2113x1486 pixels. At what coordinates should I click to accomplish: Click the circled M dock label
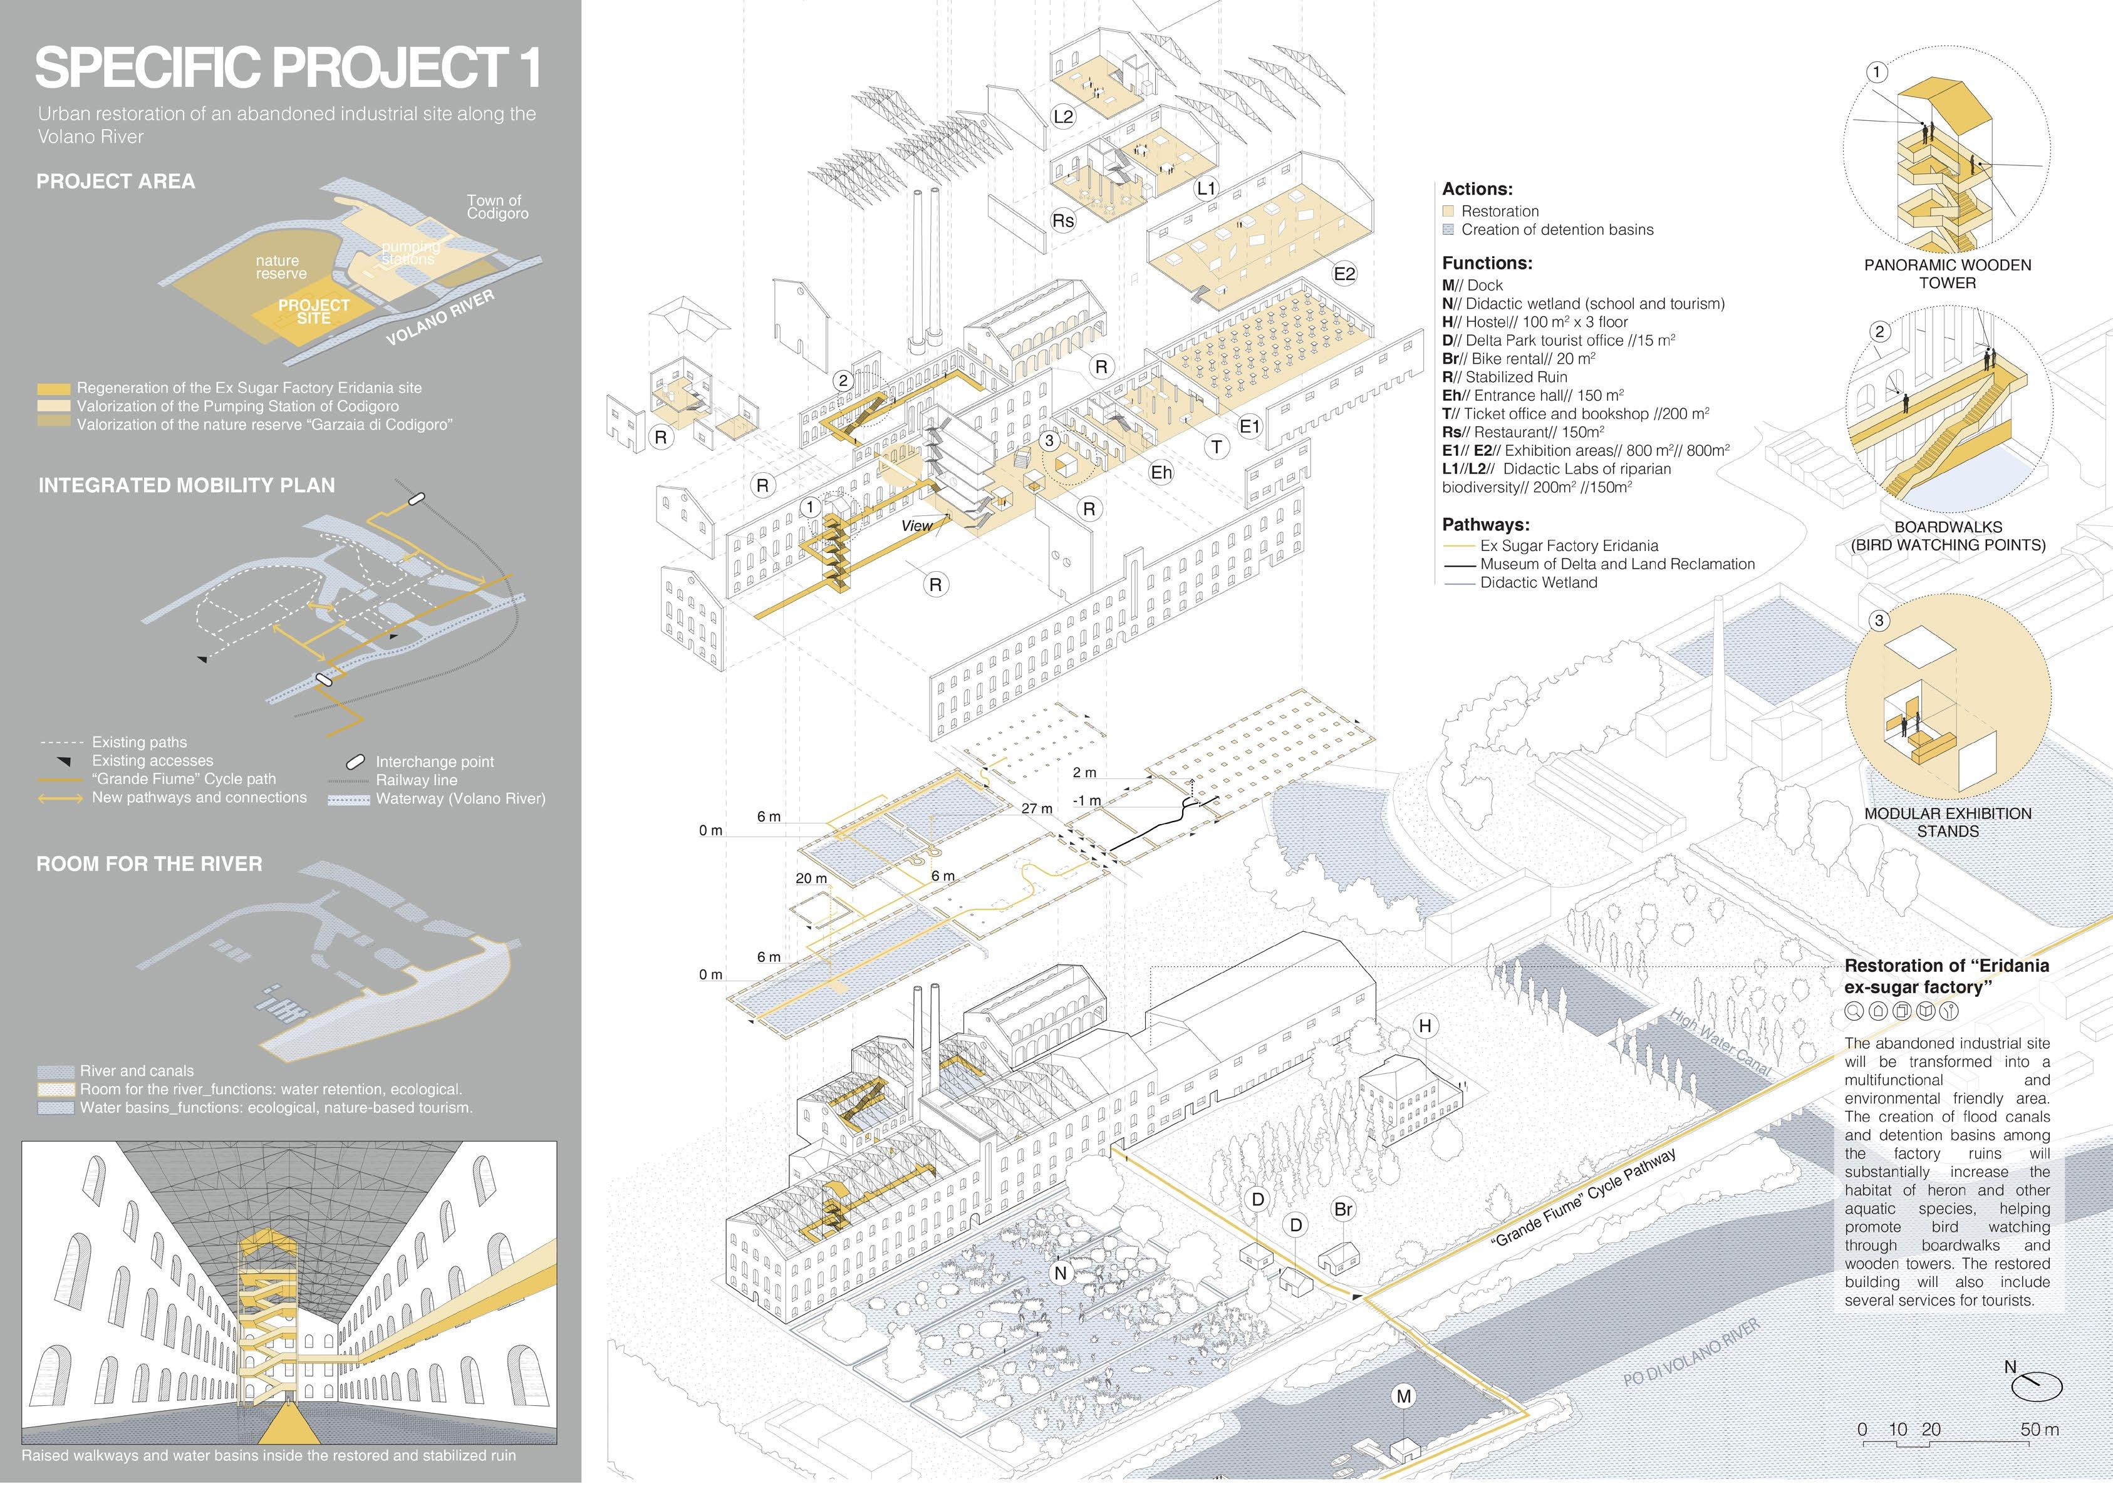(1403, 1396)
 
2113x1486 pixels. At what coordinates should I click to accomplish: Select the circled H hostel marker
(1426, 1026)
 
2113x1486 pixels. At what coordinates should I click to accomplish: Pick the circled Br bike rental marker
(1342, 1209)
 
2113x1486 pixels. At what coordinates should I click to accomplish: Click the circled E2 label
(1344, 273)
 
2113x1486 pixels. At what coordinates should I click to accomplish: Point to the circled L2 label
(1063, 116)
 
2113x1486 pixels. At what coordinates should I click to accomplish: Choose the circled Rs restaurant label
(1063, 221)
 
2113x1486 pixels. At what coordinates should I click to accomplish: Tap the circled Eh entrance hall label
(1161, 472)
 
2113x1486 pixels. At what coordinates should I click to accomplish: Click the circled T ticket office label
(1217, 447)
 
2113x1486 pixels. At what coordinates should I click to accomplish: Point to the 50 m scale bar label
(2039, 1430)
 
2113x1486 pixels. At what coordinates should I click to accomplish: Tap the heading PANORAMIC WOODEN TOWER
(1948, 273)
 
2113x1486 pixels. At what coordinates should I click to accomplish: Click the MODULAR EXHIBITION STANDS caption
(1948, 822)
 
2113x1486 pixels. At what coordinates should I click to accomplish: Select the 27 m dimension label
(1036, 808)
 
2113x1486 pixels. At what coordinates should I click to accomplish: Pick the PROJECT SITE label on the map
(314, 311)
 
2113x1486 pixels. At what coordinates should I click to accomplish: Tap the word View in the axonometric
(916, 525)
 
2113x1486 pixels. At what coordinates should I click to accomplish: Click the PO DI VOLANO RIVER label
(1691, 1351)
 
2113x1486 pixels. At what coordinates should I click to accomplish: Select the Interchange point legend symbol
(355, 762)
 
